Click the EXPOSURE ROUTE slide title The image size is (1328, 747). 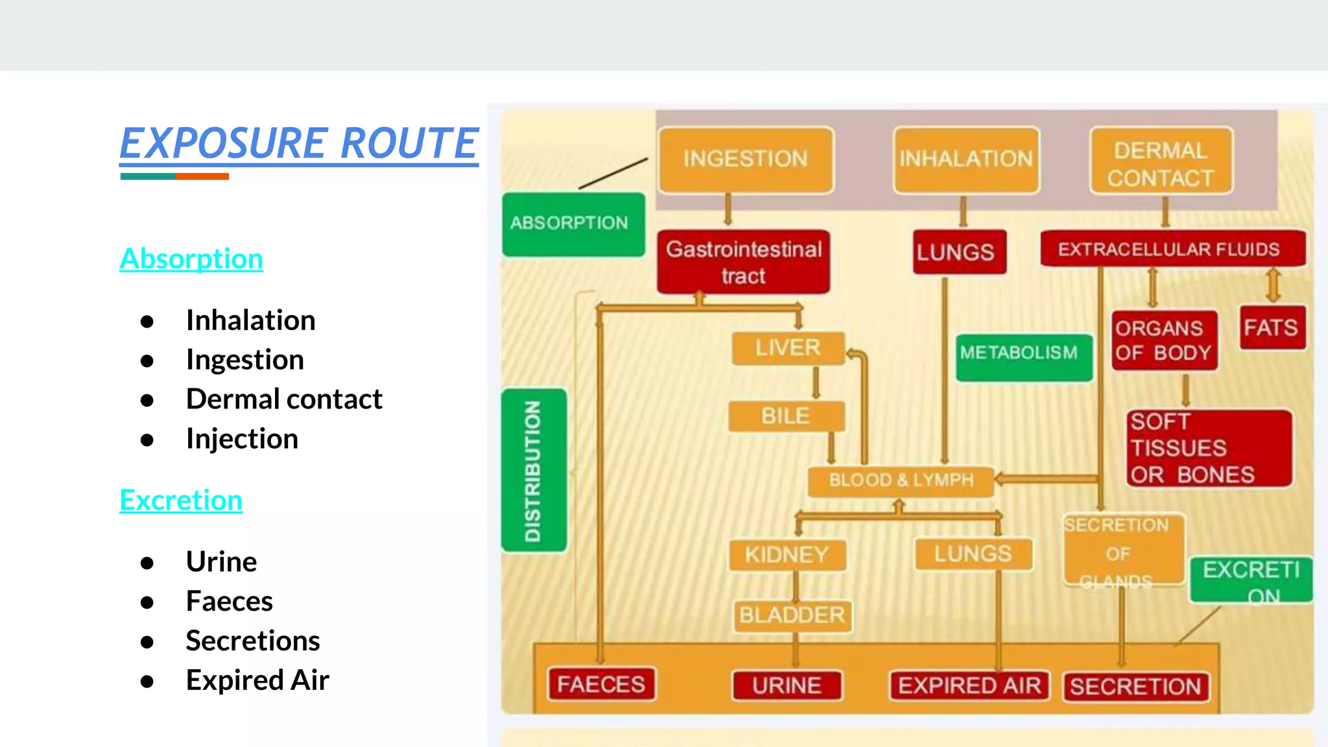(299, 144)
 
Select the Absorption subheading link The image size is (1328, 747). (191, 259)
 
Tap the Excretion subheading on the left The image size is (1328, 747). (181, 501)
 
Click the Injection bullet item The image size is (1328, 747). (242, 439)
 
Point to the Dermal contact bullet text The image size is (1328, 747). (284, 399)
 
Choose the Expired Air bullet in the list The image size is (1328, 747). (257, 680)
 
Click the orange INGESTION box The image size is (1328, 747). (746, 160)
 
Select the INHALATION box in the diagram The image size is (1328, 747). (966, 160)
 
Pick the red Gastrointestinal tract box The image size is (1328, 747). (743, 262)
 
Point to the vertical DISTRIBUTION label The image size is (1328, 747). (534, 471)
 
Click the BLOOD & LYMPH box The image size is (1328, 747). (901, 480)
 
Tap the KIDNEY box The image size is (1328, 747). (787, 555)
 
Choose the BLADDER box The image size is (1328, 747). (792, 615)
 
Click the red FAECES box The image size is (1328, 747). (601, 685)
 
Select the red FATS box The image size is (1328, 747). (1272, 328)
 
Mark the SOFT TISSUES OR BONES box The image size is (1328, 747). (1209, 449)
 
